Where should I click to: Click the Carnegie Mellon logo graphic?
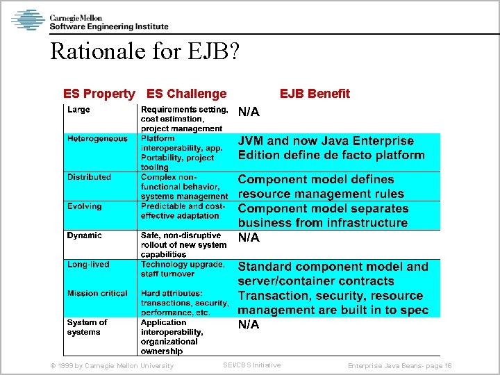pos(28,19)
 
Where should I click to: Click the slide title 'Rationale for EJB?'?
pos(144,51)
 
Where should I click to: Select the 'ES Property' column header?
pos(99,94)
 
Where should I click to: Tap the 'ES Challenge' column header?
pos(187,94)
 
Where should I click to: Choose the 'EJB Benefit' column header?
pos(315,94)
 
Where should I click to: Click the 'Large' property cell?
pos(78,110)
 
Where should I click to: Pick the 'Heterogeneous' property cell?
pos(97,139)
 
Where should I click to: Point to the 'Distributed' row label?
pos(89,177)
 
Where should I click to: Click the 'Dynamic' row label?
pos(84,235)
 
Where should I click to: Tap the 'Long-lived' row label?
pos(88,265)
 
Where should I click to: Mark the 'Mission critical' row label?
pos(97,294)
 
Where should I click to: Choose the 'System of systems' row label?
pos(87,327)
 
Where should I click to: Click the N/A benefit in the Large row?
pos(249,112)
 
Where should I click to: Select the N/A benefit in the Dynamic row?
pos(249,237)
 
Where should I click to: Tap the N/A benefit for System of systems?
pos(249,324)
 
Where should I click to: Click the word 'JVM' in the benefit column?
pos(253,141)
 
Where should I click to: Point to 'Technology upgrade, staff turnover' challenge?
pos(183,269)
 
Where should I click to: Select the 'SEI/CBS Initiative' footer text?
pos(251,365)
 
